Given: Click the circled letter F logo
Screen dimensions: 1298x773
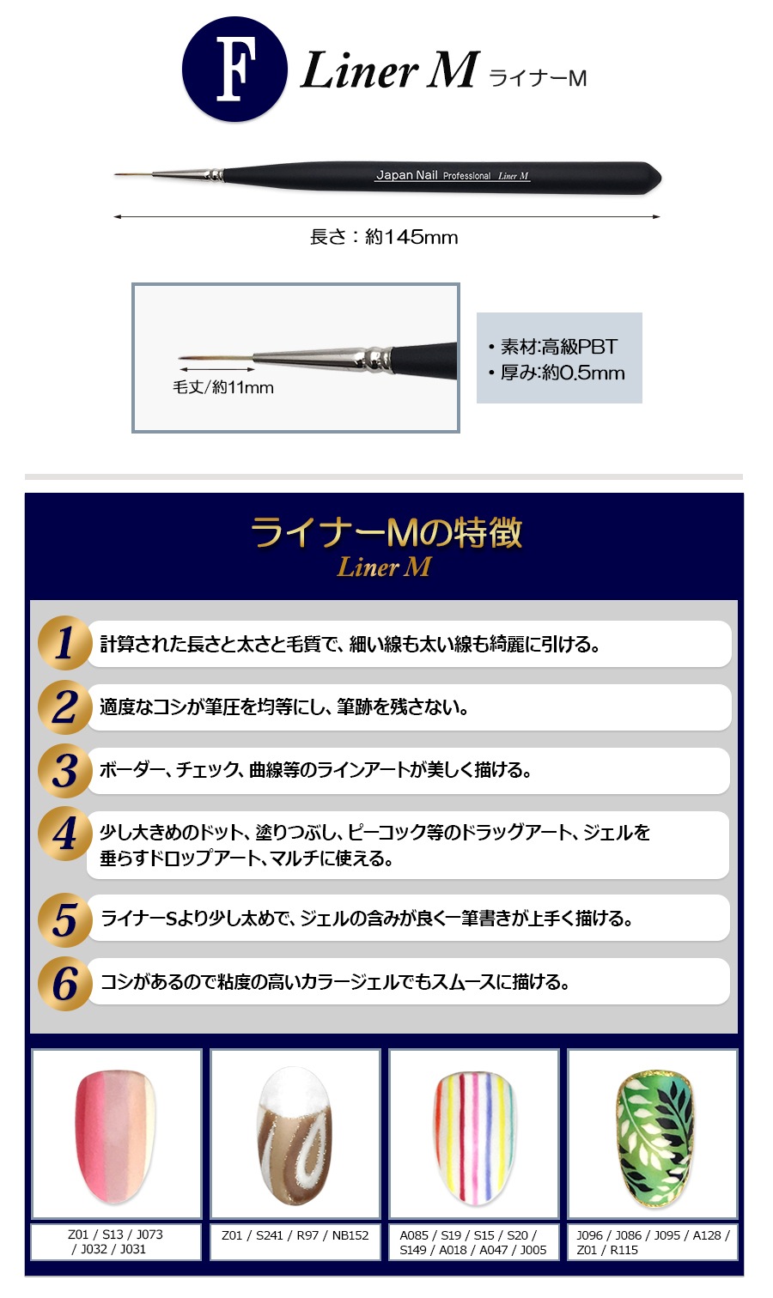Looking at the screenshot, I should (x=234, y=69).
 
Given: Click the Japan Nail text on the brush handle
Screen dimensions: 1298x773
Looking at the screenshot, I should (x=406, y=175).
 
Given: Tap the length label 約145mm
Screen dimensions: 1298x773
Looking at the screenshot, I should (x=384, y=237).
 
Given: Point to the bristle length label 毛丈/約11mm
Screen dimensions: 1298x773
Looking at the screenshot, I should (x=223, y=387).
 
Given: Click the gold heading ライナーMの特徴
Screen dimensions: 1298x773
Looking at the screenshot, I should (x=386, y=532).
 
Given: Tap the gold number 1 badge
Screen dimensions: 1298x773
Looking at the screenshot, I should (x=64, y=643).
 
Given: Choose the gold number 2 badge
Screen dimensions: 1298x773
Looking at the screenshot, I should (x=64, y=707).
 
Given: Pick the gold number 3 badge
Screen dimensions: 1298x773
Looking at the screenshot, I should (x=64, y=770).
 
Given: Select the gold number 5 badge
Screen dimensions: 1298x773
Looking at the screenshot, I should (x=64, y=919).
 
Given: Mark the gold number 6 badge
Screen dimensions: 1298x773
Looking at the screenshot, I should (x=64, y=983).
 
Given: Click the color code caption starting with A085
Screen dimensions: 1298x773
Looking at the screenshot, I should (x=473, y=1242).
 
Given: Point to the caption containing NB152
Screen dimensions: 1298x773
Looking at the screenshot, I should (x=295, y=1235).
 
